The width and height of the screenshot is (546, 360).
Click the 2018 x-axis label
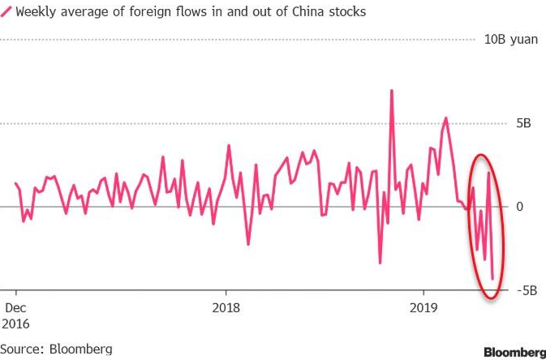click(226, 307)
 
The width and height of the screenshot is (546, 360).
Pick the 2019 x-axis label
click(423, 307)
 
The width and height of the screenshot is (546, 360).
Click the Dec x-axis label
click(16, 307)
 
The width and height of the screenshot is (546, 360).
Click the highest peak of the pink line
click(391, 90)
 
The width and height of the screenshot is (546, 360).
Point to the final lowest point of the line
click(492, 278)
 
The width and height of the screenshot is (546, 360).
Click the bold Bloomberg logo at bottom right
click(514, 352)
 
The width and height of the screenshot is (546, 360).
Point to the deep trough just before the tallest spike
click(380, 263)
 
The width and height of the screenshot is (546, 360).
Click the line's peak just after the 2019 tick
click(445, 118)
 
